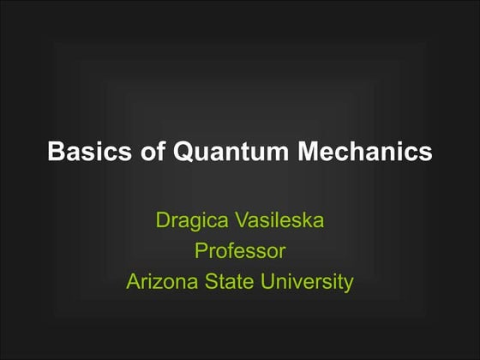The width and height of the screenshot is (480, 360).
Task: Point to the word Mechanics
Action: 365,153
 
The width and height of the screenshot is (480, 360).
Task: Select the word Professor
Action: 239,251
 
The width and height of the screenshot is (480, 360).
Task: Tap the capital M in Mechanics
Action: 309,153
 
